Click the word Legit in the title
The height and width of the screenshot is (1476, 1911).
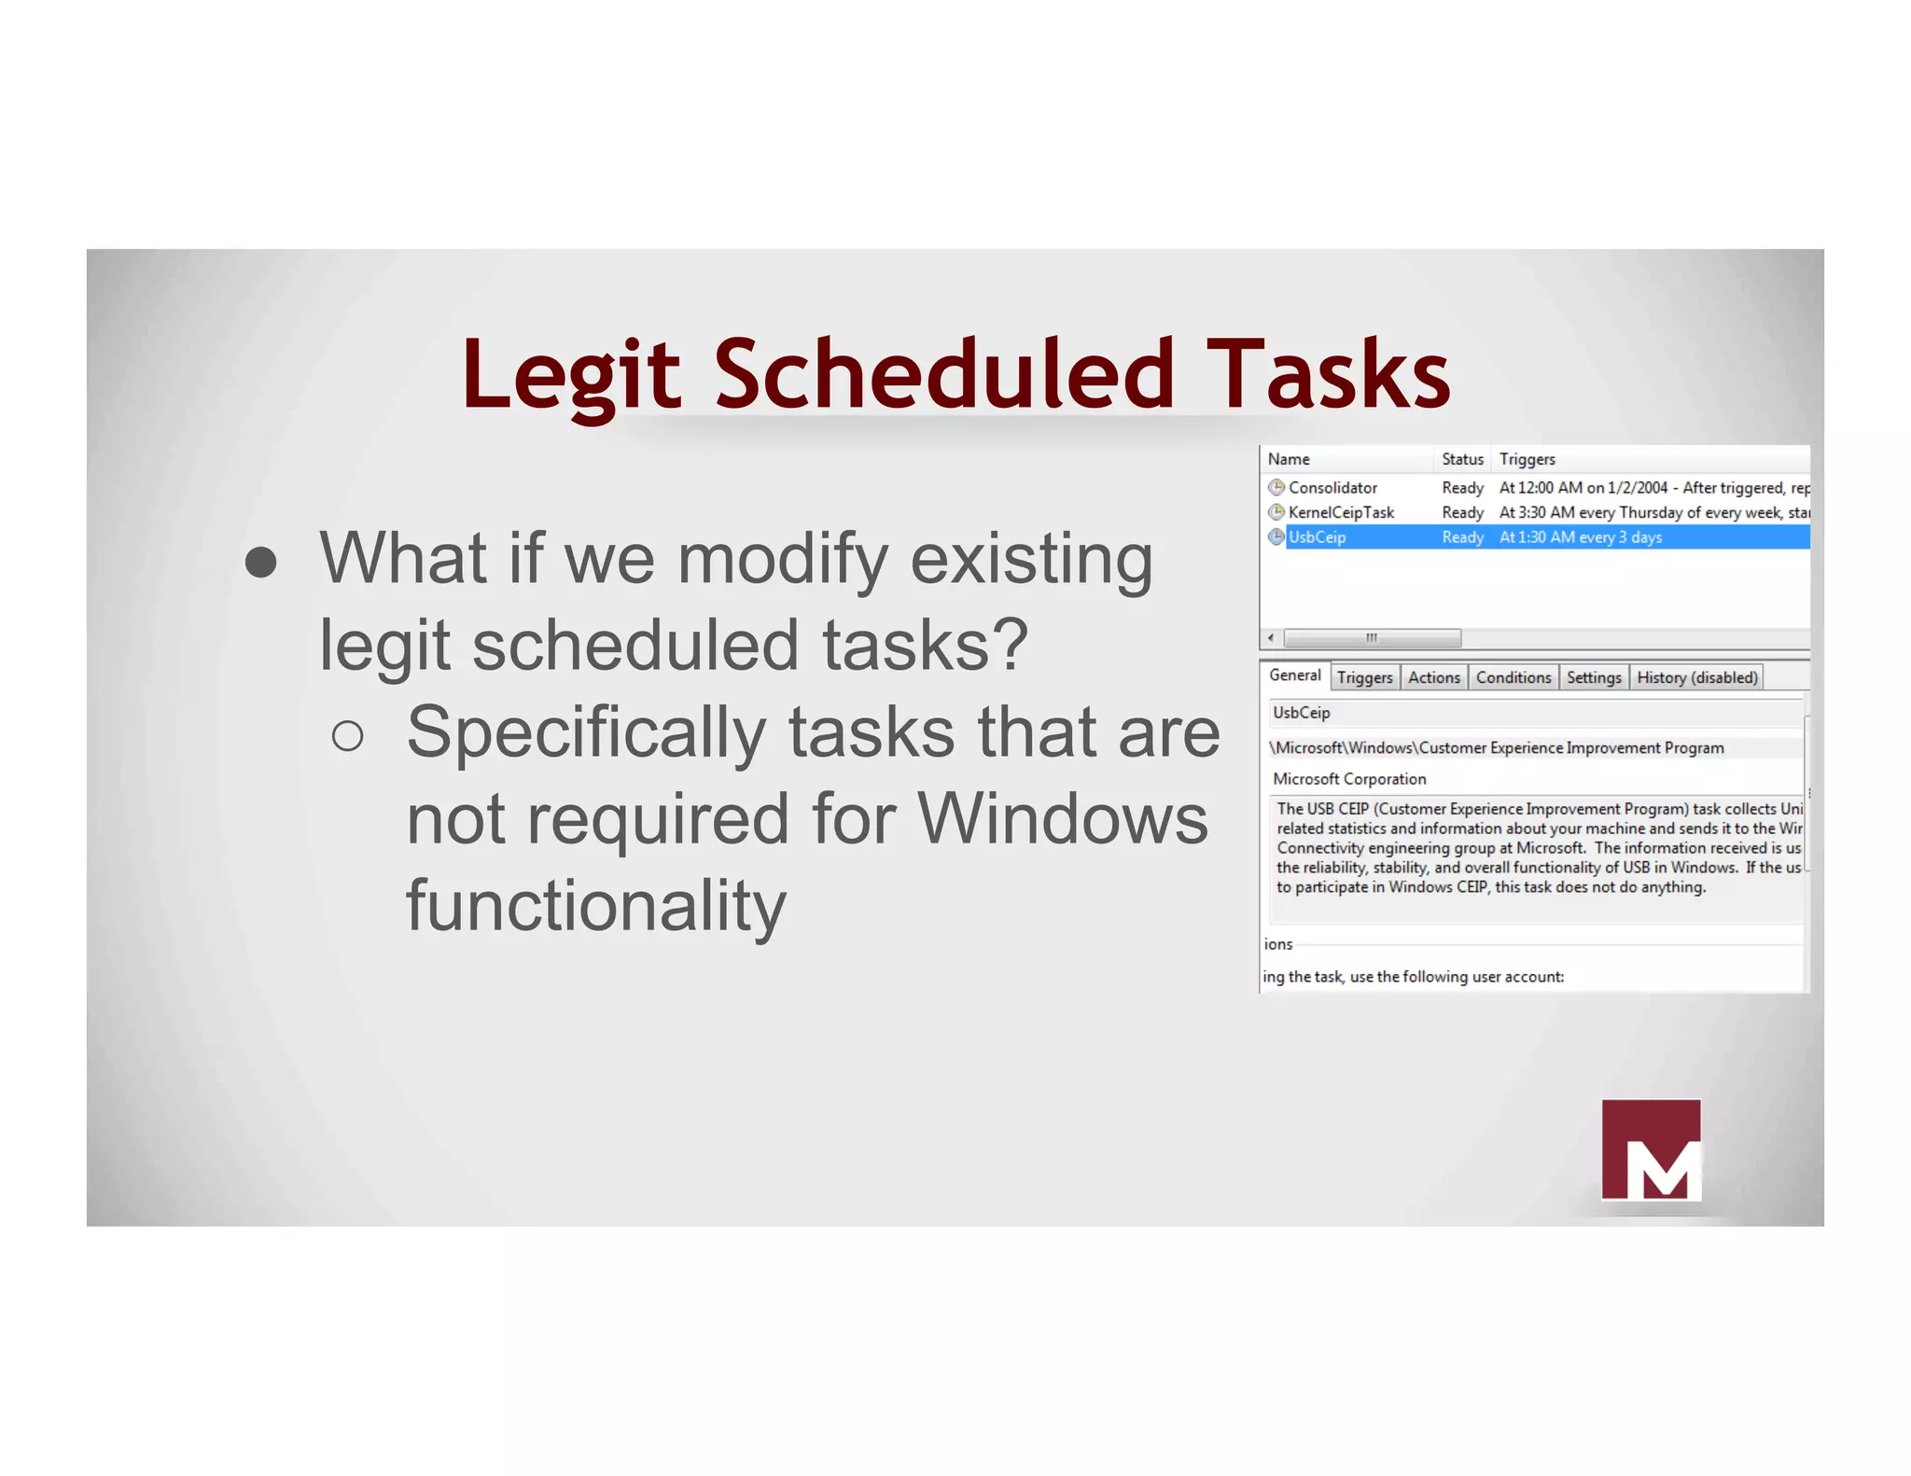(571, 375)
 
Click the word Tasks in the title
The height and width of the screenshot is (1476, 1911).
(1327, 375)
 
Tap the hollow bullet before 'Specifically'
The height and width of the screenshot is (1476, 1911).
(347, 736)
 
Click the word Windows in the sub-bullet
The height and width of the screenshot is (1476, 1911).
(1063, 819)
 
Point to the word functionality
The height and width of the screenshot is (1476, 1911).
(596, 906)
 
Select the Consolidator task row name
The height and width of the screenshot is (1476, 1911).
(1332, 487)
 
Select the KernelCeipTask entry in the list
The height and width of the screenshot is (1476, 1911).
(1340, 512)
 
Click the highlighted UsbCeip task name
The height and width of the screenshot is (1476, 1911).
(1317, 537)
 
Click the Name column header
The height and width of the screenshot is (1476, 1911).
(1289, 459)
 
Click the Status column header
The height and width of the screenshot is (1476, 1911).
(1461, 459)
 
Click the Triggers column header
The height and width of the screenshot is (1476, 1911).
(1527, 459)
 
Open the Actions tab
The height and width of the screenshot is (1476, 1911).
(1433, 677)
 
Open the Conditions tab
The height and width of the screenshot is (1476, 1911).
(1513, 677)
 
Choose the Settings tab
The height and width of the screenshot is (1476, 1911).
(1593, 677)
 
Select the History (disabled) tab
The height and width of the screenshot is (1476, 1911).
(1696, 677)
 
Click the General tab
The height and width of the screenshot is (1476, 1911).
(1294, 675)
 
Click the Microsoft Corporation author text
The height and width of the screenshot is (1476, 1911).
(1348, 779)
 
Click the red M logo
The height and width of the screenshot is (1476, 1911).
(1650, 1149)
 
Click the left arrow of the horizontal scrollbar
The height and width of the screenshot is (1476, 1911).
(1271, 638)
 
